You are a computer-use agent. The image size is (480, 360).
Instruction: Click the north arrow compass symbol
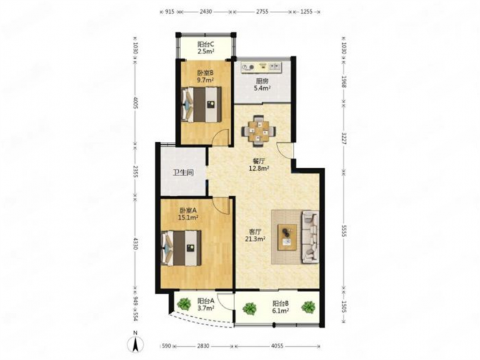(135, 343)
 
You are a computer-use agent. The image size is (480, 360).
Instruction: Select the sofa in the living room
(310, 237)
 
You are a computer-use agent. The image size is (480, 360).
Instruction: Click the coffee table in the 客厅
(287, 237)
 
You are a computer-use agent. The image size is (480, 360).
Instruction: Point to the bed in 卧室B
(201, 105)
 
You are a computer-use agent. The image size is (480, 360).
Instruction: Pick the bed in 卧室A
(181, 248)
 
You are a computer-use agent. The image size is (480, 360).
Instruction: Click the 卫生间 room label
(183, 172)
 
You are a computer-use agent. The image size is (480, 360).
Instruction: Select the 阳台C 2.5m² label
(206, 47)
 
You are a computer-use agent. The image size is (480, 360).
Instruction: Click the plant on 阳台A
(184, 304)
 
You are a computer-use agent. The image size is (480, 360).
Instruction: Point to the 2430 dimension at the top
(206, 12)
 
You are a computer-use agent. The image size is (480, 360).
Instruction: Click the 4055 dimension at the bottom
(277, 346)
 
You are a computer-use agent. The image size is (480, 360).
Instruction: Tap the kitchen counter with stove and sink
(262, 67)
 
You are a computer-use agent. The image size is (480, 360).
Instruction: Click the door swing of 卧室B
(221, 137)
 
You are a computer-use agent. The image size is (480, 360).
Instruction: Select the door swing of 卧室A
(221, 206)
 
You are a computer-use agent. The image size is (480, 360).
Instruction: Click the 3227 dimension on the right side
(344, 139)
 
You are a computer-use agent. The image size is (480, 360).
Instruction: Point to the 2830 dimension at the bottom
(203, 346)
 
